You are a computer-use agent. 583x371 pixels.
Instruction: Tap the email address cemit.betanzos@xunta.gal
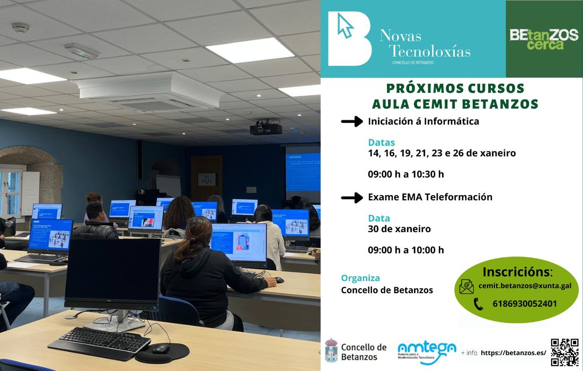click(524, 286)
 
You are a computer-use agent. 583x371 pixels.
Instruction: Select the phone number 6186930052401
click(524, 304)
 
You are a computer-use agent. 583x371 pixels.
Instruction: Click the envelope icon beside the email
click(466, 287)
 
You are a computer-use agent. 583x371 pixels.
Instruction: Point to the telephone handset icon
click(478, 304)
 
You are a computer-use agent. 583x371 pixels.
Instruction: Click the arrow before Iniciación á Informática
click(351, 122)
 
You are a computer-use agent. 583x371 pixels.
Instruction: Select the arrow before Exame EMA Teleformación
click(351, 198)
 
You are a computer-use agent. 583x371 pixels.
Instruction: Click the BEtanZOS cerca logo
click(544, 39)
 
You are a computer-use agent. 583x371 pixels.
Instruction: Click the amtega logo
click(427, 350)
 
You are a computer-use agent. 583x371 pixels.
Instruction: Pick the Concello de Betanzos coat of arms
click(331, 350)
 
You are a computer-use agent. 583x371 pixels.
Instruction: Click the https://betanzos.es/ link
click(513, 352)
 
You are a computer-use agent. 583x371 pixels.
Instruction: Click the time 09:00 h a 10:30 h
click(406, 174)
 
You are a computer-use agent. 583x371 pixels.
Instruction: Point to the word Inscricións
click(517, 272)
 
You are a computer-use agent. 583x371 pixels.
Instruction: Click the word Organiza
click(360, 278)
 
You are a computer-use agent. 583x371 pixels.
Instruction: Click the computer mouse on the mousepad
click(161, 348)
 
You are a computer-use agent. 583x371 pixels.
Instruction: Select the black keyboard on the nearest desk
click(105, 339)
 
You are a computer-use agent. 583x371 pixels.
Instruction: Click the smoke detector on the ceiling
click(20, 27)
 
